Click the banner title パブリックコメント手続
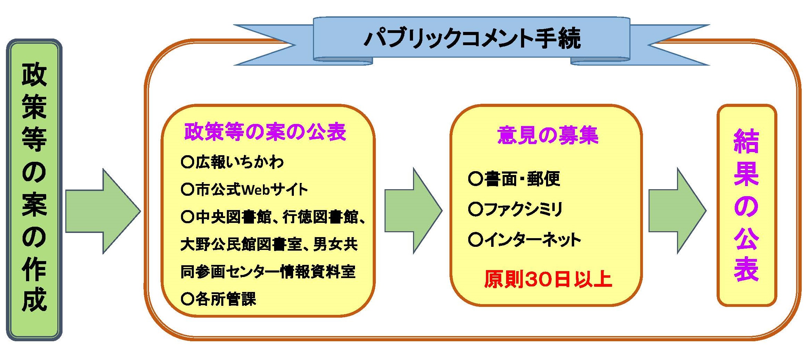click(472, 38)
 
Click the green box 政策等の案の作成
click(34, 189)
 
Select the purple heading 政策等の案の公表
click(265, 132)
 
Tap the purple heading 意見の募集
click(547, 135)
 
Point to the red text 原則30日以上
click(547, 279)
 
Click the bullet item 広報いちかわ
click(233, 162)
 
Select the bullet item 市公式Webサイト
click(245, 190)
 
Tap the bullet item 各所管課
click(219, 299)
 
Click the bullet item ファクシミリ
click(515, 209)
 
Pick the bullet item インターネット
click(525, 240)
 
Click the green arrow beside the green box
click(102, 211)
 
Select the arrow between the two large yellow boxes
click(413, 211)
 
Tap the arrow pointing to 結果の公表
click(677, 211)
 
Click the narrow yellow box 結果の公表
click(746, 205)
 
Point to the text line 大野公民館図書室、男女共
click(269, 244)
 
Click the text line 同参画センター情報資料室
click(268, 271)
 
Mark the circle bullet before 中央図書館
click(187, 217)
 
